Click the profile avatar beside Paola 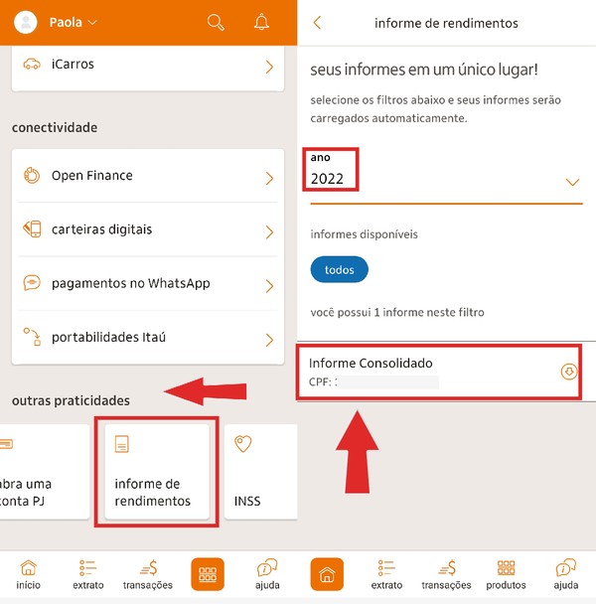[27, 22]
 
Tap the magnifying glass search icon [216, 22]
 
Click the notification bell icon [262, 22]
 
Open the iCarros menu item [145, 66]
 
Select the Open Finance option [145, 177]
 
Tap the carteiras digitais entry [145, 230]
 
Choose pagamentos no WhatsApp [145, 284]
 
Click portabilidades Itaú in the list [145, 338]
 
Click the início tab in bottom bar [29, 574]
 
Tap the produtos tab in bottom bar [507, 574]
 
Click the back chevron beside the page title [317, 23]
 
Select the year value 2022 [328, 180]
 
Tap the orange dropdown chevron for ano [572, 183]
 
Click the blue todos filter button [339, 269]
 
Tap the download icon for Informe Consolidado [569, 372]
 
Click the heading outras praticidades [71, 400]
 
